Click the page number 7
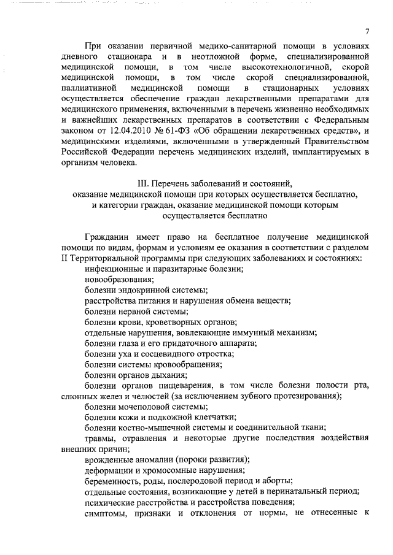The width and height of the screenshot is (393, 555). (x=366, y=31)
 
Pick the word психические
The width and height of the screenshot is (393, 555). (x=109, y=503)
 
